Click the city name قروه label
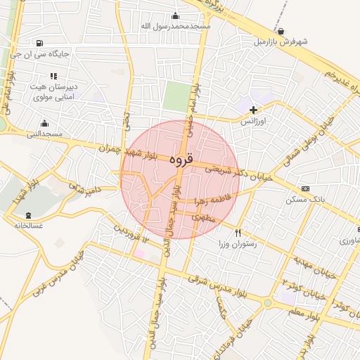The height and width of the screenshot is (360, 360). pos(180,160)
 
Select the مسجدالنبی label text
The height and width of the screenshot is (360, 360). pos(45,133)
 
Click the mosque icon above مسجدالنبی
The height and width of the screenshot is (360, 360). pos(45,123)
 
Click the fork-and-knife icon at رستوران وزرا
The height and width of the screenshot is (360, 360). pos(238,233)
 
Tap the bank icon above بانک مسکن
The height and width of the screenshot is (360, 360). pos(305,188)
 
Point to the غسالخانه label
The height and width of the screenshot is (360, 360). pos(29,226)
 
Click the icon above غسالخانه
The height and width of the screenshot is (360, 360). pos(29,215)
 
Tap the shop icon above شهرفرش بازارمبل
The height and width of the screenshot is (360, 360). pos(281,32)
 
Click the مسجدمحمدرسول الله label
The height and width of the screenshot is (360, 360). pos(176,26)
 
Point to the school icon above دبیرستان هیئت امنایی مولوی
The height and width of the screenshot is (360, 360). pos(53,76)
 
